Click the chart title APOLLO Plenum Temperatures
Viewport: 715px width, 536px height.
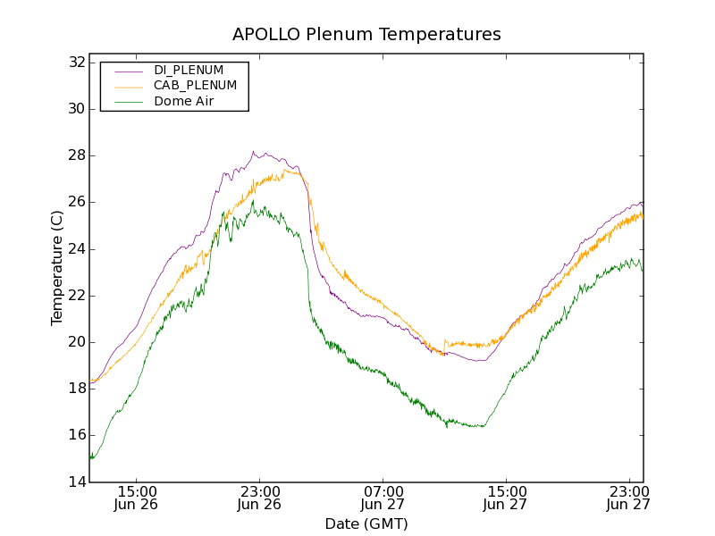point(366,35)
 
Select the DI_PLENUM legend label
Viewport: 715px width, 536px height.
point(189,70)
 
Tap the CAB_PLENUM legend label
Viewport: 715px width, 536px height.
point(195,86)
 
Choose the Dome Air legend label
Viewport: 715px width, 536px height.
point(184,102)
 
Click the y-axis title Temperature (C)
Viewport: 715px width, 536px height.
point(57,268)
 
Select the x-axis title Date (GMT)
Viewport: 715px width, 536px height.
point(366,523)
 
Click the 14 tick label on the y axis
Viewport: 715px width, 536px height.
point(77,482)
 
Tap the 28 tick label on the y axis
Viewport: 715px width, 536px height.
point(77,155)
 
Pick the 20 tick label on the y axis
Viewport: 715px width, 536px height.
point(77,342)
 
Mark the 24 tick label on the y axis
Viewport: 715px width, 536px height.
point(77,249)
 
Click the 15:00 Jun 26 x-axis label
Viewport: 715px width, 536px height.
point(138,498)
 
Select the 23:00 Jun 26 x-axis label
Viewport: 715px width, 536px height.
point(260,498)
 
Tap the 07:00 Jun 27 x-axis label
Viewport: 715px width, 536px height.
point(383,498)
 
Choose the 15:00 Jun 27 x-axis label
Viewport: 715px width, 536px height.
point(506,498)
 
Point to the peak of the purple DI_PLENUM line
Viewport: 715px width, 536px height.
point(253,152)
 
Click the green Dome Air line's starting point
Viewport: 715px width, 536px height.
point(90,457)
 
